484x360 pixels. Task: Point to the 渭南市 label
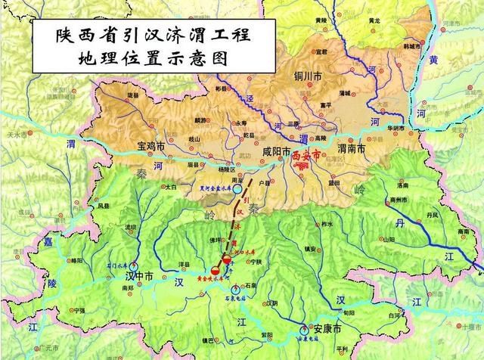pyautogui.click(x=352, y=149)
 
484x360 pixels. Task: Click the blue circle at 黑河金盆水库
pyautogui.click(x=237, y=190)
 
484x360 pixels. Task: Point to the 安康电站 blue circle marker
pyautogui.click(x=305, y=329)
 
